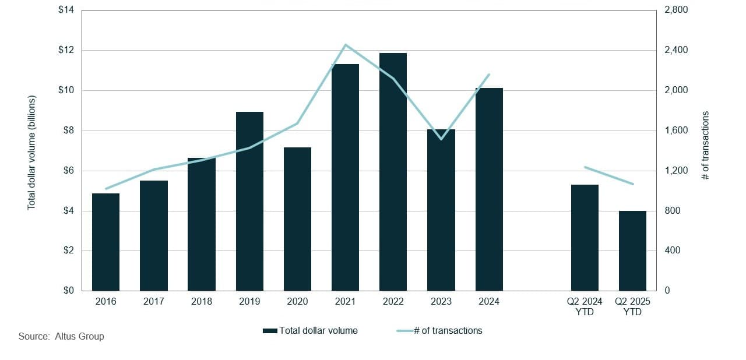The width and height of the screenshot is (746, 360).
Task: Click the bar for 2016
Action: click(x=105, y=242)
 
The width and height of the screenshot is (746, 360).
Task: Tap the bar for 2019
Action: click(x=249, y=201)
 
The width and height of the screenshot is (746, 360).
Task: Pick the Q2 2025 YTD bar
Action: click(x=632, y=250)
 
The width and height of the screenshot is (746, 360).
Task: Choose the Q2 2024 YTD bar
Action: click(x=585, y=238)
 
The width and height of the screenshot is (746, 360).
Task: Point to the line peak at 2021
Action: click(x=345, y=45)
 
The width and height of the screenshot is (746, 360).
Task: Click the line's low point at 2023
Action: click(x=441, y=139)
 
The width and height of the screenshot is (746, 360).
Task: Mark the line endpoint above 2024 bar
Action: click(x=489, y=75)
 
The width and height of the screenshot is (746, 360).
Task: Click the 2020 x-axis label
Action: click(x=297, y=302)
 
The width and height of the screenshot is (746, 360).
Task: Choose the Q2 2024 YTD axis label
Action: click(x=585, y=306)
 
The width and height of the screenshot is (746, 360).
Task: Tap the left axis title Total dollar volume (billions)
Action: click(x=32, y=151)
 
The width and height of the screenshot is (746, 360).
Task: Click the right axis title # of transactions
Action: click(x=706, y=146)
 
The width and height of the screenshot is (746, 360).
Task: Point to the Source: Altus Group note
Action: click(x=61, y=337)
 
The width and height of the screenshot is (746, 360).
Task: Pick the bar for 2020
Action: click(x=297, y=219)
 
